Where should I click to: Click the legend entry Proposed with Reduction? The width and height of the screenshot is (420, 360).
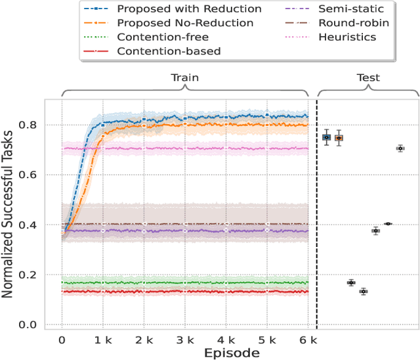[188, 10]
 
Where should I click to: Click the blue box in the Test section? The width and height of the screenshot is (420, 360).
[326, 137]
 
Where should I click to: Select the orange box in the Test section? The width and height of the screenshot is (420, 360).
[339, 138]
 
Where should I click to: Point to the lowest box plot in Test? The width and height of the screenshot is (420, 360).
[363, 292]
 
